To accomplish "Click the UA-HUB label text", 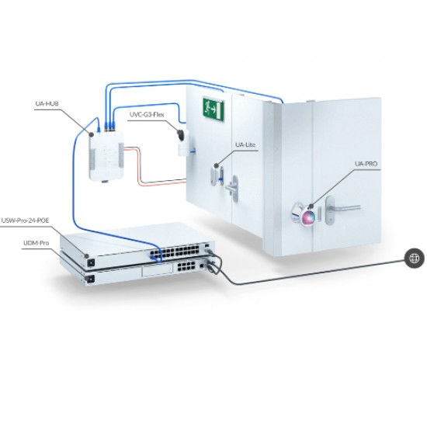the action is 47,103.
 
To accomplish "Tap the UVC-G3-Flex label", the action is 147,115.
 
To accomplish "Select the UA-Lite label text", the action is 245,144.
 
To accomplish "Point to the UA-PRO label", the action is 366,164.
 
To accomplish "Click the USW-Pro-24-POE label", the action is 26,220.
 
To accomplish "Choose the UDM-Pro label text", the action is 36,243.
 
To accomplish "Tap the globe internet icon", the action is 414,259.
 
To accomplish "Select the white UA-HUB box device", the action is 106,156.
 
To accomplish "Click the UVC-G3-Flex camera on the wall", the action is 185,141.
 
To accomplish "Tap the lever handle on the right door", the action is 342,208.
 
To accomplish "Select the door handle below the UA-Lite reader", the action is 232,188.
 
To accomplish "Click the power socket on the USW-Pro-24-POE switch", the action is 91,262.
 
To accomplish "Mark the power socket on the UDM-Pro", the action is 90,279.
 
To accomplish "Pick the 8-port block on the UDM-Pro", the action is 186,266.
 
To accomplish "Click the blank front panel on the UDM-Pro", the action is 158,270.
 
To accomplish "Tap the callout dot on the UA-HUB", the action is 92,134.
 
